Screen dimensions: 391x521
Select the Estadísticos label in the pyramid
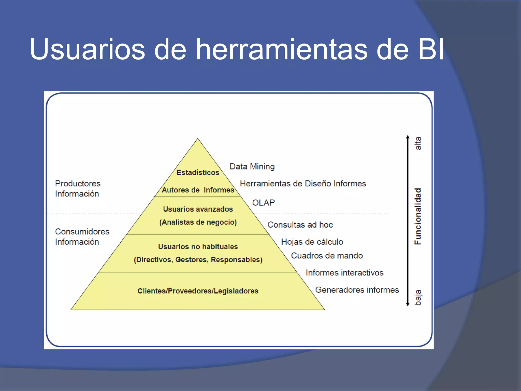(x=198, y=173)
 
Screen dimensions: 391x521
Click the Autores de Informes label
(x=198, y=190)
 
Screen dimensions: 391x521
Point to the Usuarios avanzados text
(x=198, y=209)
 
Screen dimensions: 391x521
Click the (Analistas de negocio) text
(x=198, y=222)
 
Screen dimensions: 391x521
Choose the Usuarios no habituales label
(x=198, y=246)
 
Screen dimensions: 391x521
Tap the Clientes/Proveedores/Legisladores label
(x=198, y=291)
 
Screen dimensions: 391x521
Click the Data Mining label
(x=252, y=166)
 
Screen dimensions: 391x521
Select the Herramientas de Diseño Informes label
(x=303, y=184)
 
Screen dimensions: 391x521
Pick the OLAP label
(x=263, y=203)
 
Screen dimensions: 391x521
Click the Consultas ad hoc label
(x=300, y=225)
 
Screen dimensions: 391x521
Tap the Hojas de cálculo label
(x=312, y=242)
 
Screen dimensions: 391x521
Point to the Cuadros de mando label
(x=327, y=256)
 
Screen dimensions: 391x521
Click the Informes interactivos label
(x=344, y=273)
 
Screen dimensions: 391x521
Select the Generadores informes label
(x=357, y=290)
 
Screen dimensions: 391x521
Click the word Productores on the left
(x=78, y=184)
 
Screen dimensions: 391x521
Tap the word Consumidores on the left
(x=82, y=232)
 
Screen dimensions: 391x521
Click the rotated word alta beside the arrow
(x=418, y=143)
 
